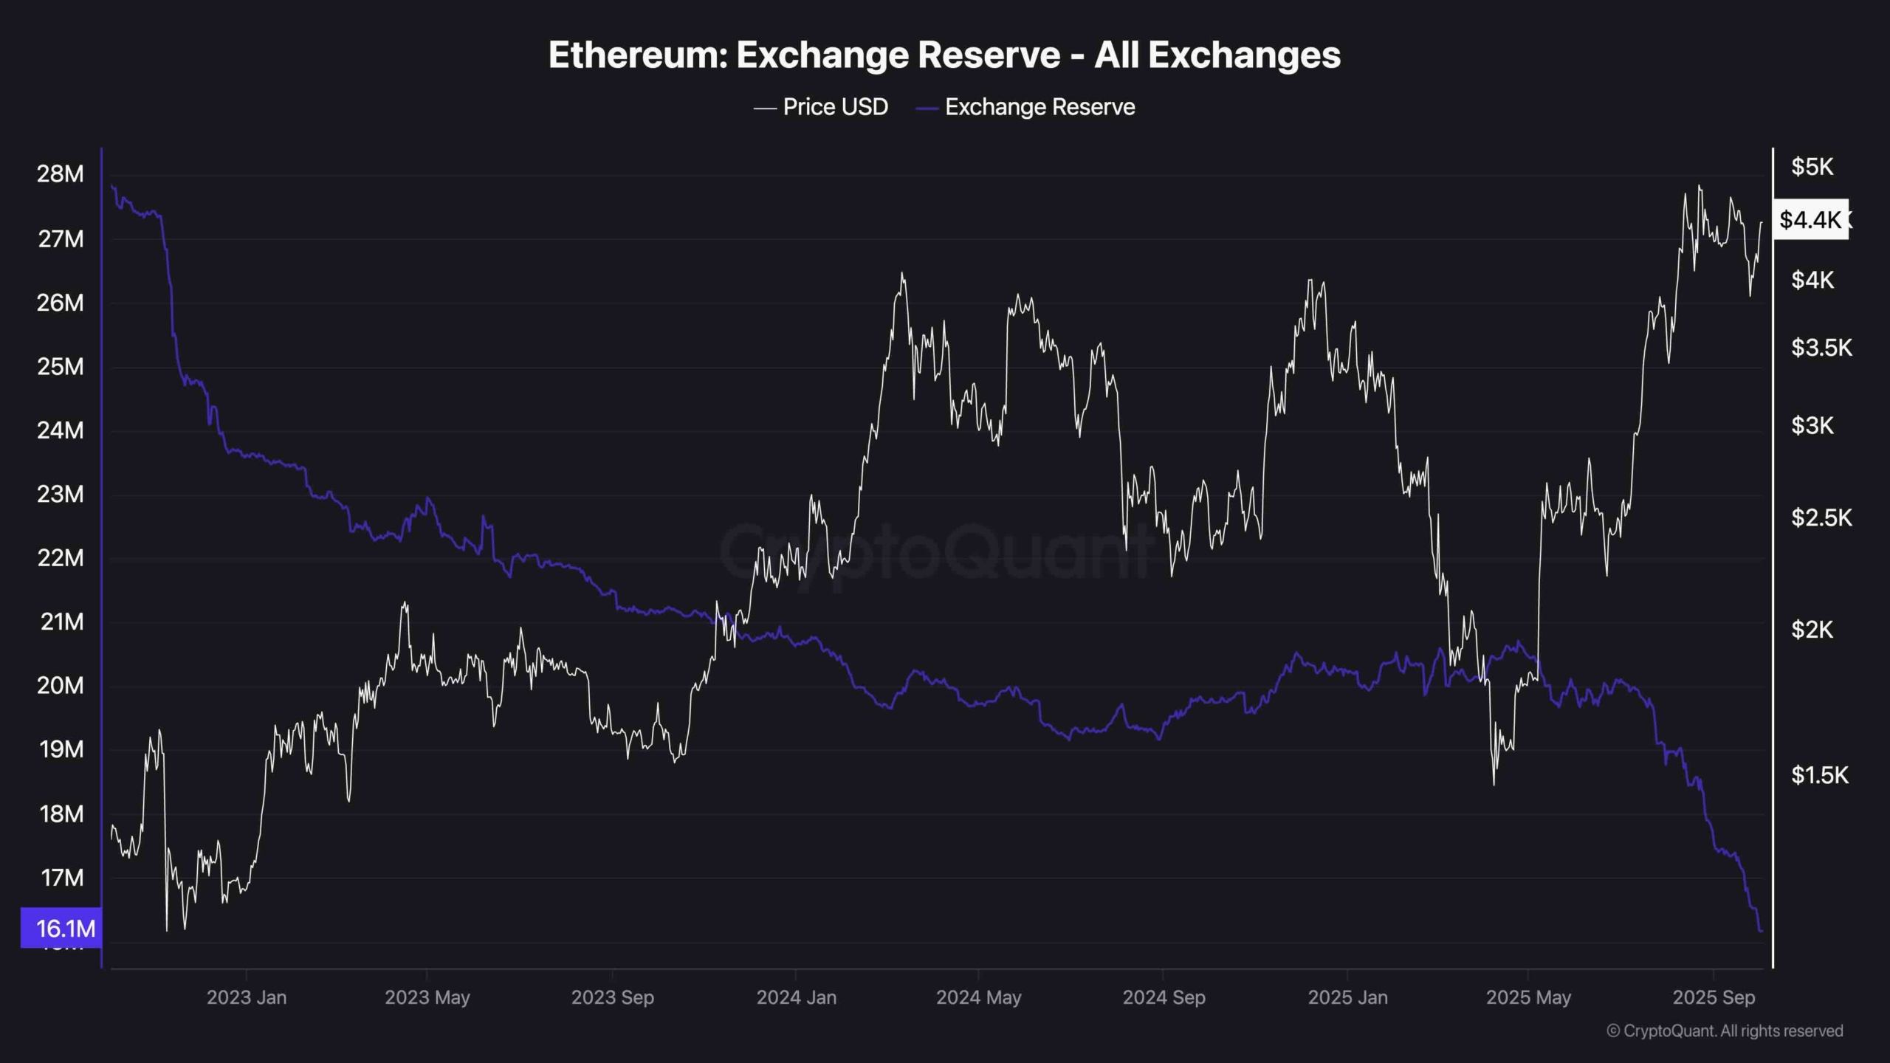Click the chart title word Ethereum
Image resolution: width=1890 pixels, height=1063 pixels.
pos(638,55)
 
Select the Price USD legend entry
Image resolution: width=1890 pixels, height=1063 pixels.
pos(835,107)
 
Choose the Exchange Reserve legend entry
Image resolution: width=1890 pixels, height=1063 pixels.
pos(1039,107)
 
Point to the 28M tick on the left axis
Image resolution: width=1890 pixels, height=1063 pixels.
pos(61,174)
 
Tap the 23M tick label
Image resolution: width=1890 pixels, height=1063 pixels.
pos(61,494)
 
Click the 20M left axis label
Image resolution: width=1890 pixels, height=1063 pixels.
pos(61,686)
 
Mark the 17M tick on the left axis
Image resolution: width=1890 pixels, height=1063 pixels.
pos(62,878)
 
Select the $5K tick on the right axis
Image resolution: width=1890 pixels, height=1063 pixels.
pos(1812,167)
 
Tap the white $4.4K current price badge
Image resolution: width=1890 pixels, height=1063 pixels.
pos(1810,219)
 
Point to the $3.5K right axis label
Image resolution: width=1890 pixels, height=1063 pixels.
pos(1821,348)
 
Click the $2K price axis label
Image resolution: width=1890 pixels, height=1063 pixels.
pos(1812,630)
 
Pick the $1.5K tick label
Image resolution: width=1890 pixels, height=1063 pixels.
pos(1820,775)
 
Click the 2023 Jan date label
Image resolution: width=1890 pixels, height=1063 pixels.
pos(247,997)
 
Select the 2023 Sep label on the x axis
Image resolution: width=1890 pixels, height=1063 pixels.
pos(613,997)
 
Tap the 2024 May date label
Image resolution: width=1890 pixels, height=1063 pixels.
pos(979,997)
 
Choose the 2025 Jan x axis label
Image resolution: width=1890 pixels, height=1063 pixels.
pos(1347,997)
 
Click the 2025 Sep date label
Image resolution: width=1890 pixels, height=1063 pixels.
pos(1714,997)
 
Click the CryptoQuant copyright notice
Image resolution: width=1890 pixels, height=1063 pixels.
pos(1725,1031)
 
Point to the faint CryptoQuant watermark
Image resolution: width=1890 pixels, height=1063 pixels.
pos(934,551)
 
